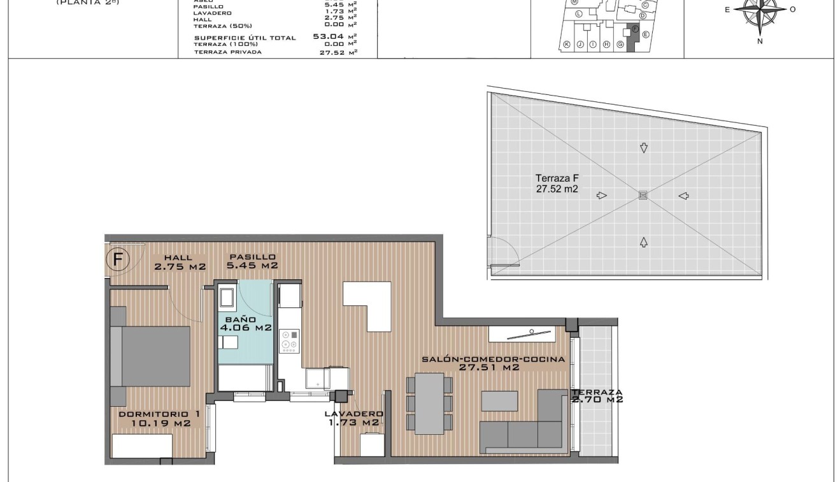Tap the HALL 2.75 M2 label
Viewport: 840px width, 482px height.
(180, 262)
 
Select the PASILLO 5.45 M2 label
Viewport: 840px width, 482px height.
(253, 261)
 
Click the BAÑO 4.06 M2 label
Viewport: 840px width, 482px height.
(245, 324)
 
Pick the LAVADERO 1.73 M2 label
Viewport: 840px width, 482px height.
(353, 418)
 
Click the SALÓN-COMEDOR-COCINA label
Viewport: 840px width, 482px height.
(493, 363)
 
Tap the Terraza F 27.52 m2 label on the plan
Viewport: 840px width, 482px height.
(557, 184)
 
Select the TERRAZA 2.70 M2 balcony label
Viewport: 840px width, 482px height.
(597, 396)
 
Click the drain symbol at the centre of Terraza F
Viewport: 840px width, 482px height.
(643, 195)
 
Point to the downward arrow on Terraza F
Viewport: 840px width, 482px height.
(644, 148)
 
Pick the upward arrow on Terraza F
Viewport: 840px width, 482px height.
(644, 242)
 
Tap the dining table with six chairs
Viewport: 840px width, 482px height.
(429, 404)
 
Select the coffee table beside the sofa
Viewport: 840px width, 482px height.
(499, 400)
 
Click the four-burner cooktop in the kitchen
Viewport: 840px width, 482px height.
(290, 340)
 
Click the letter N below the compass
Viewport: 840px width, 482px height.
(760, 41)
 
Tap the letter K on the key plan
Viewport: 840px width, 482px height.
(566, 44)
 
